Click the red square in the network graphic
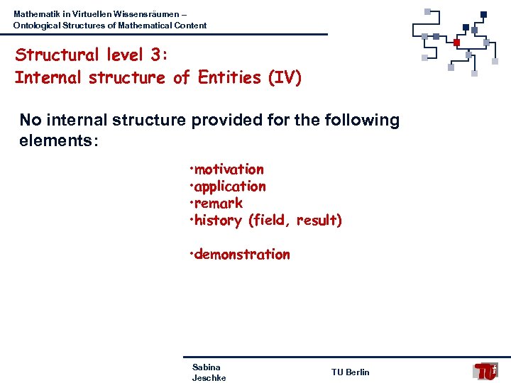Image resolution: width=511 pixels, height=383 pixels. (x=456, y=43)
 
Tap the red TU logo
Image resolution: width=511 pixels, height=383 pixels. (x=486, y=371)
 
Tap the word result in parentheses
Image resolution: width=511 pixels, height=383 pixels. (x=318, y=221)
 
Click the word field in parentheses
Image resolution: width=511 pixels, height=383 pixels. (x=270, y=221)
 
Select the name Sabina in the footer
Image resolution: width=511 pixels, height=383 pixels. (x=207, y=367)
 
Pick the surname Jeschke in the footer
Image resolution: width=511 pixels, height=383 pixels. (x=209, y=378)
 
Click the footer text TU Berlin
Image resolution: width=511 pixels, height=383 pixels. (x=350, y=372)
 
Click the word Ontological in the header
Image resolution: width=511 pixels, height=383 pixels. (x=38, y=26)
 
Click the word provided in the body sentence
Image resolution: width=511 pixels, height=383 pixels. (x=225, y=121)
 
